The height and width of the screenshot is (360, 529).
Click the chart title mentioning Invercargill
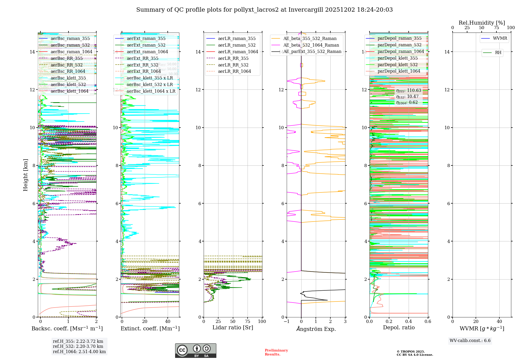tap(264, 10)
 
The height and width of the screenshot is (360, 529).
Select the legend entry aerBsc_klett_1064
tap(69, 91)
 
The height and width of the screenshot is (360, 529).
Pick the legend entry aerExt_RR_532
tap(142, 65)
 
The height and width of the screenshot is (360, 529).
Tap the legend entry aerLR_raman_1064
tap(238, 52)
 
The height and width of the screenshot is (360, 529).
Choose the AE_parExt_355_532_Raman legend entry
tap(312, 52)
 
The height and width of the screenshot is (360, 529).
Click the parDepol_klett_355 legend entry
tap(398, 58)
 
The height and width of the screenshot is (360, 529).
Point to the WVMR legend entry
tap(500, 38)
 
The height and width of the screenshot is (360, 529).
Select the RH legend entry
tap(498, 53)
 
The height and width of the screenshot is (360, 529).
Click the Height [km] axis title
tap(25, 175)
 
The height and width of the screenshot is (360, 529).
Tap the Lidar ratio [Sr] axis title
tap(233, 327)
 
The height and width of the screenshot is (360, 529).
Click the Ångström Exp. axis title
tap(316, 329)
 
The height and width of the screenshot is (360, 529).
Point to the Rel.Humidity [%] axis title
tap(482, 23)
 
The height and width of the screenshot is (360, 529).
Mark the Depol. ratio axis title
tap(399, 327)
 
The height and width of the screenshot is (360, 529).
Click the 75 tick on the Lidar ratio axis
tap(248, 321)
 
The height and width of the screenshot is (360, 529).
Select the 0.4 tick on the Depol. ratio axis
tap(408, 321)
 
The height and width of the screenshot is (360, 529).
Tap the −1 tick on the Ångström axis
tap(287, 321)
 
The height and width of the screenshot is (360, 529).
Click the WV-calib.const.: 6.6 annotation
tap(470, 340)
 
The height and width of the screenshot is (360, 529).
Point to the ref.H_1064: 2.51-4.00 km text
tap(79, 352)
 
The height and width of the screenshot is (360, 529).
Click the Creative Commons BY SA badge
tap(195, 350)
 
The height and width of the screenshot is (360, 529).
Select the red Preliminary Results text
tap(276, 352)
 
